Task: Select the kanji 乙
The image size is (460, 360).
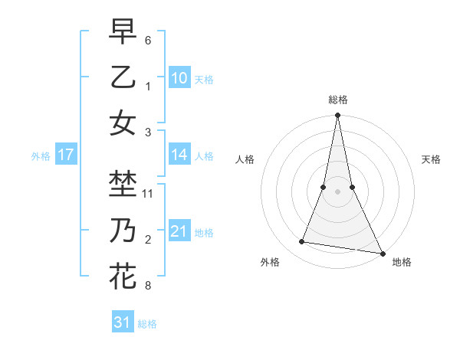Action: pyautogui.click(x=123, y=77)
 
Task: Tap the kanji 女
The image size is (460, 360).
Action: pyautogui.click(x=123, y=123)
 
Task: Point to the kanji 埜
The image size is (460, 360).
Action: pyautogui.click(x=123, y=184)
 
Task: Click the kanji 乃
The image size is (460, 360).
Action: pyautogui.click(x=123, y=230)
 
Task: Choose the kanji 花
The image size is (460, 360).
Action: pyautogui.click(x=123, y=276)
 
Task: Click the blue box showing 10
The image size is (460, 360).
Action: pyautogui.click(x=179, y=77)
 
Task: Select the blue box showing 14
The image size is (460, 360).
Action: pyautogui.click(x=179, y=155)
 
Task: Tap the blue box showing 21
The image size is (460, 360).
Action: pyautogui.click(x=179, y=231)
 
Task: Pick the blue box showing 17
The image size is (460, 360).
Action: pyautogui.click(x=65, y=155)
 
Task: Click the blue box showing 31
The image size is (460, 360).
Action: pyautogui.click(x=123, y=322)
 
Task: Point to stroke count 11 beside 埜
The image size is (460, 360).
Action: pyautogui.click(x=149, y=194)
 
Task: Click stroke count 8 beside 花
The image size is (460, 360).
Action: pyautogui.click(x=148, y=286)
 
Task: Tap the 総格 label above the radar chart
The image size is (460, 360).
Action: pyautogui.click(x=337, y=100)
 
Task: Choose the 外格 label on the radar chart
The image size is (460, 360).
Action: pyautogui.click(x=270, y=262)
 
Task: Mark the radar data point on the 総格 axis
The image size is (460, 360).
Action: pyautogui.click(x=337, y=116)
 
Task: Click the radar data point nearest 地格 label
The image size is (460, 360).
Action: pyautogui.click(x=382, y=253)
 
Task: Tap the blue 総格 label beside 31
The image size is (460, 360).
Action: pyautogui.click(x=147, y=324)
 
